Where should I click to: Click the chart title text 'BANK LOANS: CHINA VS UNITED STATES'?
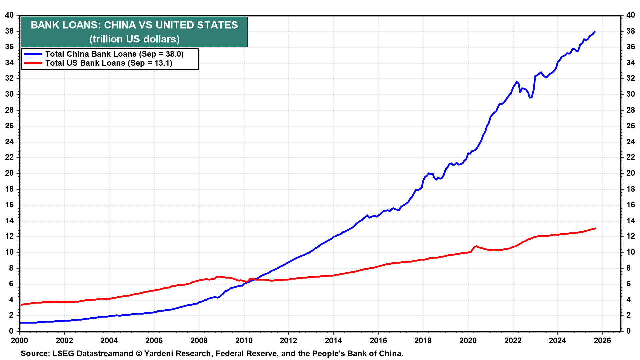tap(134, 25)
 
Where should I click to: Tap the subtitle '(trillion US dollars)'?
tap(134, 39)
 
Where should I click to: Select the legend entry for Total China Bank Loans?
tap(114, 54)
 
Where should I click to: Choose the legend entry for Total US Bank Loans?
tap(109, 63)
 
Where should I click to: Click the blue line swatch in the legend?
tap(33, 54)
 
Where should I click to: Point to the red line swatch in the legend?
tap(33, 63)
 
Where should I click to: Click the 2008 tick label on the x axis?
tap(199, 340)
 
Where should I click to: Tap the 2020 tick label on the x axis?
tap(468, 340)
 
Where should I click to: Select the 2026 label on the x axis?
tap(602, 340)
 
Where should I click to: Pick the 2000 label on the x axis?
tap(20, 340)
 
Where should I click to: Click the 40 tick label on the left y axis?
tap(9, 15)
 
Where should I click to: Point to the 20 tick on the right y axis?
tap(630, 173)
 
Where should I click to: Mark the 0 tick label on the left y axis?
tap(11, 331)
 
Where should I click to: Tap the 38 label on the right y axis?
tap(630, 31)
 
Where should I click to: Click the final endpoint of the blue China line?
tap(595, 32)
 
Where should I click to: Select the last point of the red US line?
tap(596, 228)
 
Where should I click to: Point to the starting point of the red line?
tap(21, 305)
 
